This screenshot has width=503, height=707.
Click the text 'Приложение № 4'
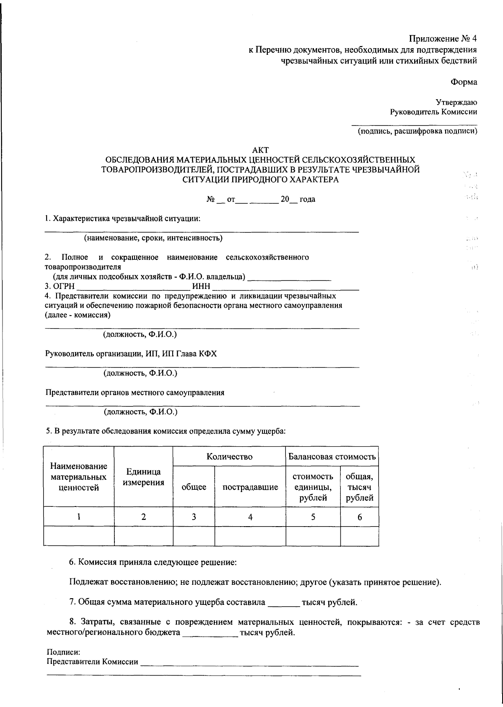(443, 39)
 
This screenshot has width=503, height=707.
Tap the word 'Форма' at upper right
(464, 82)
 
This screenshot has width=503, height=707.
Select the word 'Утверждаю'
(456, 102)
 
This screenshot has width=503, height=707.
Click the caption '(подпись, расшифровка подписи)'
(417, 131)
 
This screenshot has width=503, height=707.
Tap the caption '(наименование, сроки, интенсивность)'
(153, 238)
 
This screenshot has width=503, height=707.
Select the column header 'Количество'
(229, 456)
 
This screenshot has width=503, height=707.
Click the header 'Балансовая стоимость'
(332, 456)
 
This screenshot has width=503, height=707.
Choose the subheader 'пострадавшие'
(250, 487)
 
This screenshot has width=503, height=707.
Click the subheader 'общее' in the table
(194, 487)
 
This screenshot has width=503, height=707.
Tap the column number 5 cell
(313, 517)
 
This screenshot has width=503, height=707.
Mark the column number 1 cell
(79, 517)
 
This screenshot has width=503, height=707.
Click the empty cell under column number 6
(359, 536)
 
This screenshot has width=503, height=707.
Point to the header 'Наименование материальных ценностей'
(79, 477)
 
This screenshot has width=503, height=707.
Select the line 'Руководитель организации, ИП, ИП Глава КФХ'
(131, 354)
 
